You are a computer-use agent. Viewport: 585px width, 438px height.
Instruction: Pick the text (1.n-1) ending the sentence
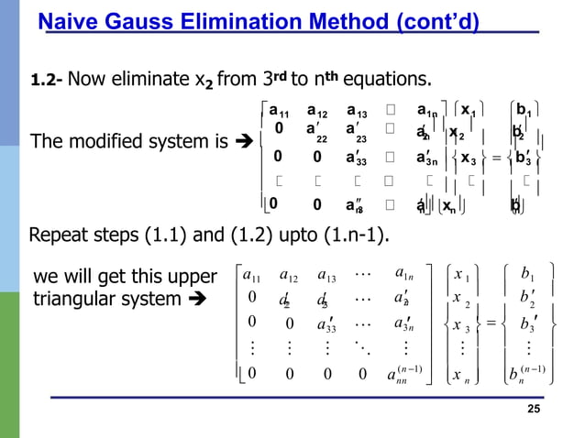tap(353, 240)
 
